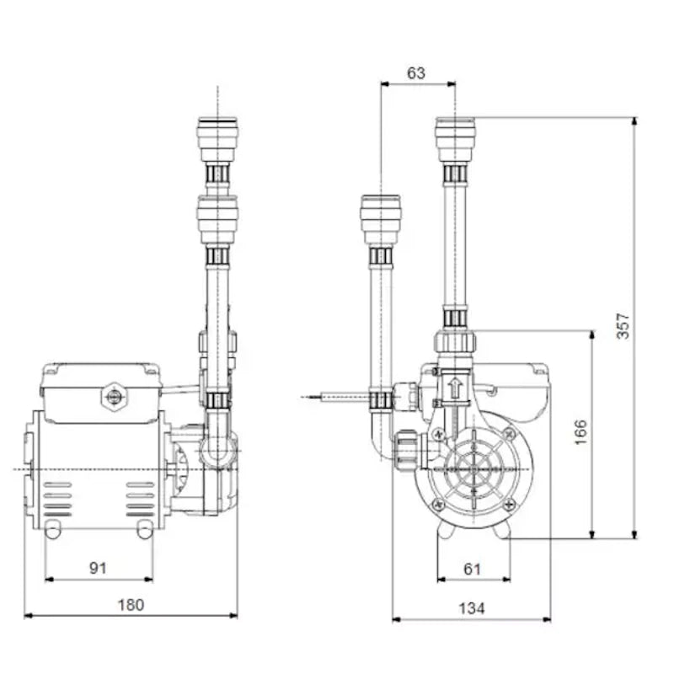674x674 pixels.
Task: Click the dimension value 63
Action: click(x=416, y=72)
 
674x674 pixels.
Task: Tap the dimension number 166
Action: click(x=581, y=431)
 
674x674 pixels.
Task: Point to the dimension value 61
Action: click(x=472, y=569)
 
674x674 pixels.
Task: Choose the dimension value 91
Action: click(x=99, y=568)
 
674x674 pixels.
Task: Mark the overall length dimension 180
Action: click(x=131, y=604)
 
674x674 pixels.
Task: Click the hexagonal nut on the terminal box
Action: click(x=111, y=395)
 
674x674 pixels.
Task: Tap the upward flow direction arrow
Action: click(x=455, y=388)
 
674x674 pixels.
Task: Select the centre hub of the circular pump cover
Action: click(x=471, y=468)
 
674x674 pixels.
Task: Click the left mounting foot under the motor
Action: click(x=52, y=529)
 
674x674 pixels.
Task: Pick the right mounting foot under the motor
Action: click(x=145, y=529)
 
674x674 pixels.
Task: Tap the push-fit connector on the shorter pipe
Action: click(x=381, y=220)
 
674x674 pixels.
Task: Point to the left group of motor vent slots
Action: click(x=57, y=499)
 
